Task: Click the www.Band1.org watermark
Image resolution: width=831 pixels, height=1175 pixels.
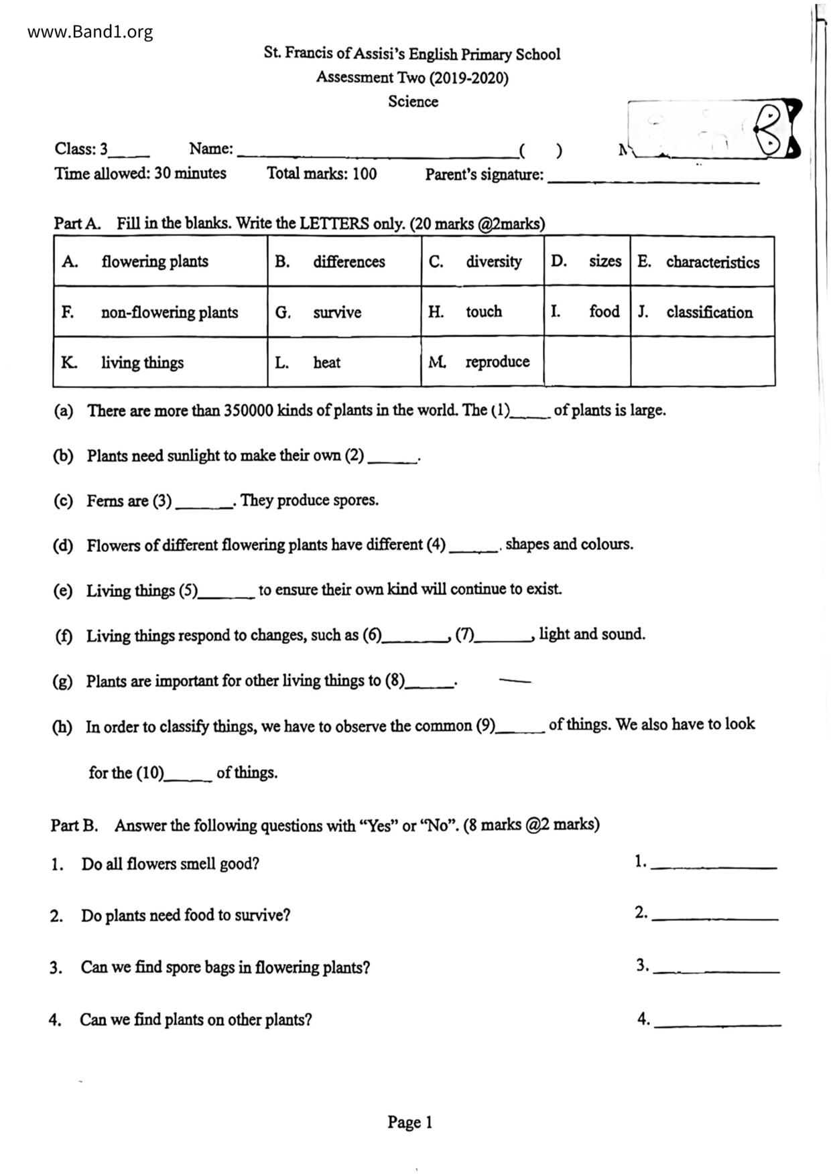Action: tap(90, 31)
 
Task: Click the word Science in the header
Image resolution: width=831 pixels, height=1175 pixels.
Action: tap(413, 102)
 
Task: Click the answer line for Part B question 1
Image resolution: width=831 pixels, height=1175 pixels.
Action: tap(714, 864)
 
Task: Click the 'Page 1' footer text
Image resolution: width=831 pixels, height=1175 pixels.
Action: tap(410, 1122)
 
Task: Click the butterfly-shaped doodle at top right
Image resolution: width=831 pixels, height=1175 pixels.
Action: tap(777, 129)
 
